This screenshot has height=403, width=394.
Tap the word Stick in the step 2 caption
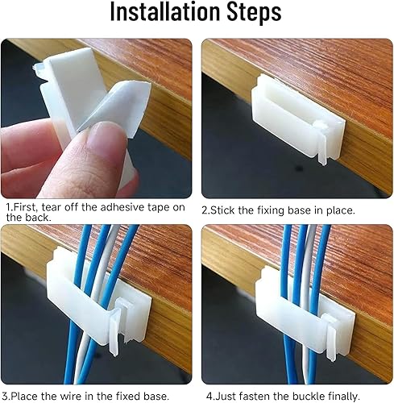click(x=224, y=210)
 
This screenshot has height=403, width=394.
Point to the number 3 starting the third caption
click(x=5, y=396)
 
